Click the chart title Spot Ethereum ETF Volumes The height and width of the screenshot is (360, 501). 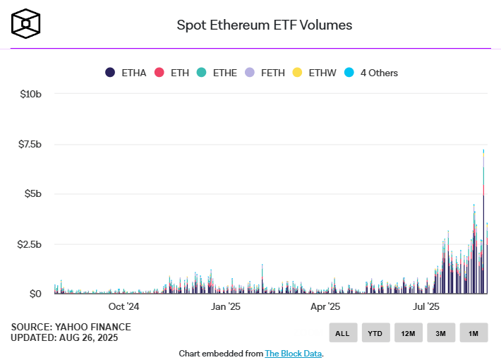tap(264, 25)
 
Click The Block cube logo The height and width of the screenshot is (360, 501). tap(25, 23)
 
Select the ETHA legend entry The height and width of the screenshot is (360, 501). tap(126, 73)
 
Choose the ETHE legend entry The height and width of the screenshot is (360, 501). tap(217, 73)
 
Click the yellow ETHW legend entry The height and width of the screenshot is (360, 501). tap(315, 73)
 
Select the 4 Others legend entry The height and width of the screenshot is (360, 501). tap(371, 73)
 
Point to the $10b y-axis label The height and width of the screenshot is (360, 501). tap(30, 94)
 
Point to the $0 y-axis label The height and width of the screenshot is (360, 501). tap(35, 294)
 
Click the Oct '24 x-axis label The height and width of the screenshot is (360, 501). tap(123, 307)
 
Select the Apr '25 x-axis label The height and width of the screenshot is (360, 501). tap(325, 307)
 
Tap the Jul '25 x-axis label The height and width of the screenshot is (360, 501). tap(425, 307)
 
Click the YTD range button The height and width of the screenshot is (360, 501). tap(376, 332)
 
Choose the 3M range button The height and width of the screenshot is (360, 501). tap(441, 332)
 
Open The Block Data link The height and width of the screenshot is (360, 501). tap(293, 353)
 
